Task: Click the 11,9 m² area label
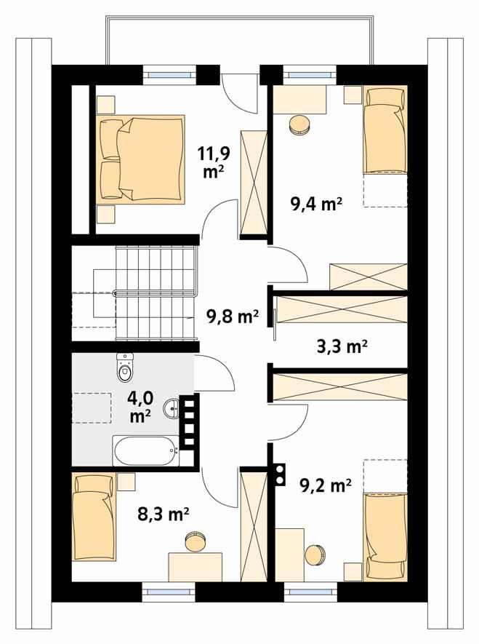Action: pyautogui.click(x=210, y=162)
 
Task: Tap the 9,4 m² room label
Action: pyautogui.click(x=316, y=204)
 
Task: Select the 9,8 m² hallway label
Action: pyautogui.click(x=233, y=317)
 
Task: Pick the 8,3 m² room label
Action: pyautogui.click(x=164, y=515)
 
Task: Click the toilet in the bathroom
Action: pyautogui.click(x=125, y=369)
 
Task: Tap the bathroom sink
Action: pyautogui.click(x=172, y=409)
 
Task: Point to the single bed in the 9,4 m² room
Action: pyautogui.click(x=384, y=130)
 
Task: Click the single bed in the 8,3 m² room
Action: pyautogui.click(x=93, y=517)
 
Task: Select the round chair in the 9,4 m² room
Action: pyautogui.click(x=299, y=125)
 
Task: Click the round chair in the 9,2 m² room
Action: pyautogui.click(x=315, y=554)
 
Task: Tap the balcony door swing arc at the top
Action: pyautogui.click(x=237, y=95)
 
